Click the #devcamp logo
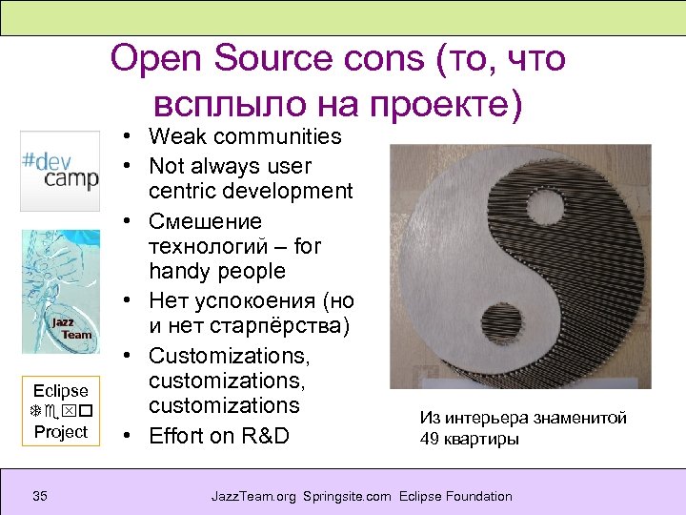pos(59,172)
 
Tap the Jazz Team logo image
pos(60,291)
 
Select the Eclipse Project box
pos(60,411)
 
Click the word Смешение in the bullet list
pos(205,221)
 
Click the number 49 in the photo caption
pos(429,439)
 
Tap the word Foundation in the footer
pos(476,496)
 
